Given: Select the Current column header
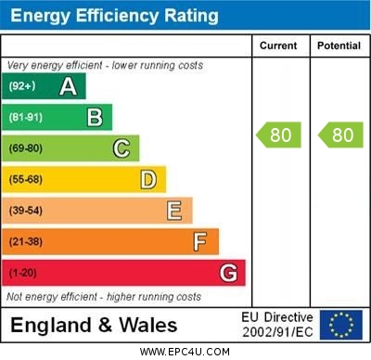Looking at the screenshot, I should [278, 45].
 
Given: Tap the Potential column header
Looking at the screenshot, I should [339, 45].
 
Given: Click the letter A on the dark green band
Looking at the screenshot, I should [68, 87].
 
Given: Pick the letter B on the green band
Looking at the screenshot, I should [95, 118].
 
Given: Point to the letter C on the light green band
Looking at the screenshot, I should [122, 148].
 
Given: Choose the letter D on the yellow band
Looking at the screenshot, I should [148, 179].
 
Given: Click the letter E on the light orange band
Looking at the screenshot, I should [174, 211].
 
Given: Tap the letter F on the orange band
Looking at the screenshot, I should [200, 242].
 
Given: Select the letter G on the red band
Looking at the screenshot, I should [228, 274].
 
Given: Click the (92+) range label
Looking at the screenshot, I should [21, 87].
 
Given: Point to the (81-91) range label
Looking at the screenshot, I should [25, 118].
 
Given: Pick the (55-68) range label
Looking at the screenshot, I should [26, 179].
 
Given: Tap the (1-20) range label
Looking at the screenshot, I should [23, 274].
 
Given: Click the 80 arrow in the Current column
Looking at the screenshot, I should [279, 135].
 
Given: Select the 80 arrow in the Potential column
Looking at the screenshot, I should [340, 135].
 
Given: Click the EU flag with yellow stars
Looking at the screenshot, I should [341, 325].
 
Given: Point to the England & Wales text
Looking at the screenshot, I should [94, 325].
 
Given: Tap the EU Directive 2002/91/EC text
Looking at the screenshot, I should [277, 325].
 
